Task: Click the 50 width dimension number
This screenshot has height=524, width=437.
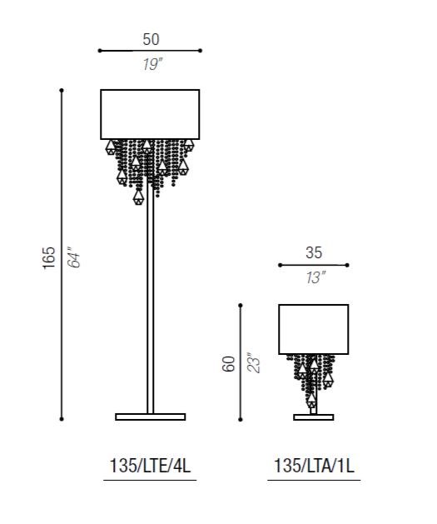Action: pyautogui.click(x=151, y=39)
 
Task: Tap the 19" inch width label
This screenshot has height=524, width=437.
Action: pyautogui.click(x=151, y=64)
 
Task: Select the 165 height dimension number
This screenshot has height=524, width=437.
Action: pyautogui.click(x=49, y=257)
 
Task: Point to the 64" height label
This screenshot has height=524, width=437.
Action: pyautogui.click(x=74, y=257)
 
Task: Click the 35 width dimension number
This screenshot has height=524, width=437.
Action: pyautogui.click(x=314, y=252)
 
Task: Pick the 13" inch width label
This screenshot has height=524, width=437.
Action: pyautogui.click(x=315, y=277)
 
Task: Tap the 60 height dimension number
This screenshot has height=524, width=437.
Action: pyautogui.click(x=228, y=364)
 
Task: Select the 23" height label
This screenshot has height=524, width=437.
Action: pyautogui.click(x=253, y=363)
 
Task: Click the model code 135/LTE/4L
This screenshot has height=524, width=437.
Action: pyautogui.click(x=150, y=466)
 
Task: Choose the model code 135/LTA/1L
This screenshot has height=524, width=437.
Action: pyautogui.click(x=314, y=466)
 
